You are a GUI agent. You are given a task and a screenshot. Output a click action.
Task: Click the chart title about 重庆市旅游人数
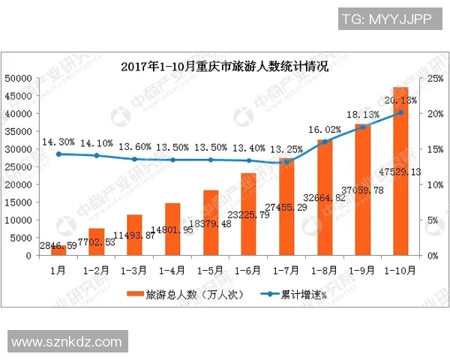coord(225,66)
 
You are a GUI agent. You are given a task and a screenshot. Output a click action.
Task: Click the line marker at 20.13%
coord(400,112)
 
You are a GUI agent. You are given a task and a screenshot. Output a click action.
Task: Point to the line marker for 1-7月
coord(286,161)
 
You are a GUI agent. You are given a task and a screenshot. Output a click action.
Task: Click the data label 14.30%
coord(58,141)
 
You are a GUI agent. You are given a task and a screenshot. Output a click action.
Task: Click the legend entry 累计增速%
coord(300,295)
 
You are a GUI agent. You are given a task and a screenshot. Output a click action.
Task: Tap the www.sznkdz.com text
coord(67,342)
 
